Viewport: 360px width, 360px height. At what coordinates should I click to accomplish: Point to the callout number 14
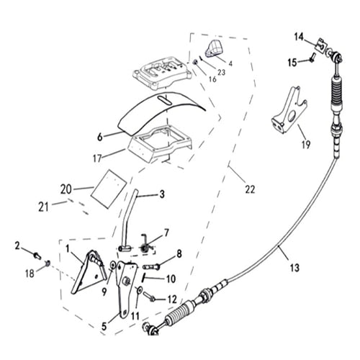coord(300,36)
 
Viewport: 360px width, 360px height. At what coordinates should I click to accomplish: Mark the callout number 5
coord(104,326)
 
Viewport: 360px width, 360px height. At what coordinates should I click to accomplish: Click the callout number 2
coord(17,246)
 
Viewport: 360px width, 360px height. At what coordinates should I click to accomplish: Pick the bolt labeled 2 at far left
coord(36,253)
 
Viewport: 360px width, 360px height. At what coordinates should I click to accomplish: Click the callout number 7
coord(167,232)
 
